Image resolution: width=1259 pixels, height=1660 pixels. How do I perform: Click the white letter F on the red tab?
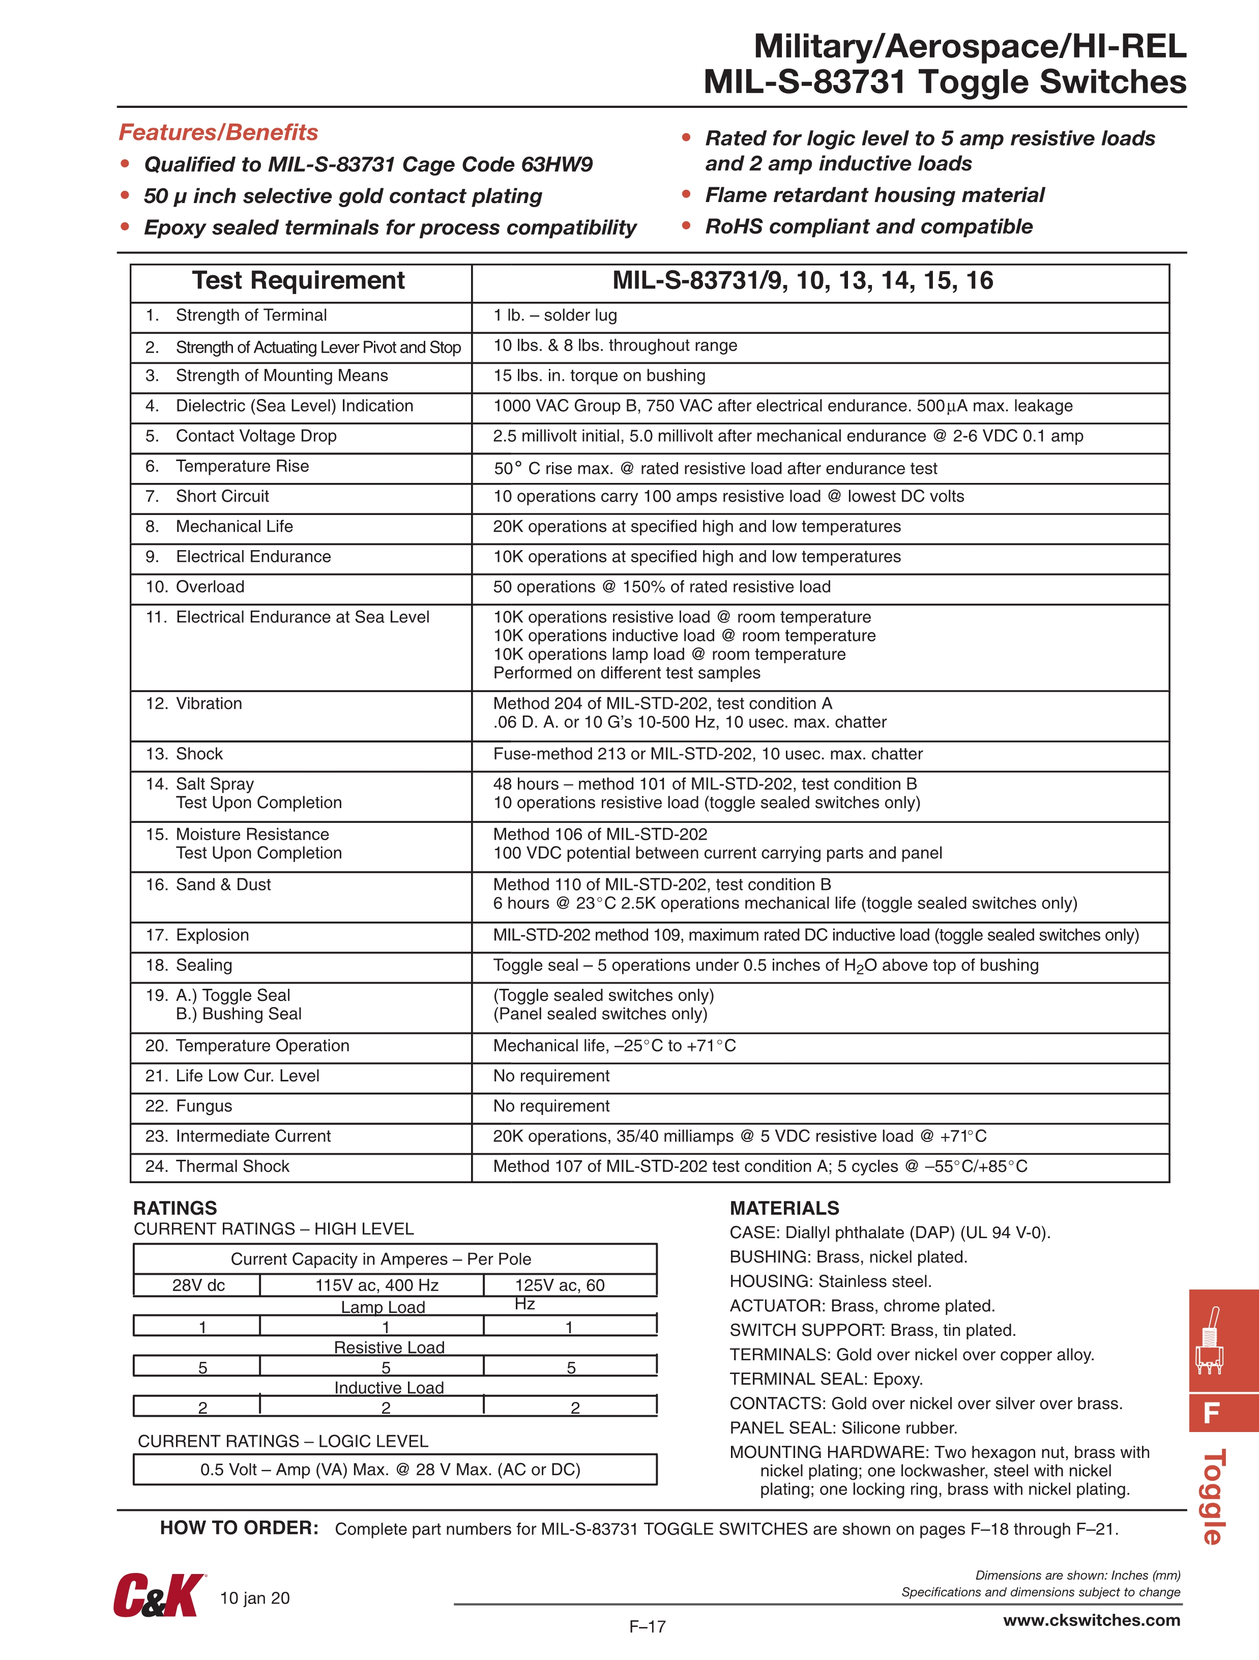pos(1210,1413)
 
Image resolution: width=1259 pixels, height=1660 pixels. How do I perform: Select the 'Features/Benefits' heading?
pos(218,132)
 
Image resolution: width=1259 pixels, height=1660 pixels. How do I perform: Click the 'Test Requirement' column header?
pos(299,281)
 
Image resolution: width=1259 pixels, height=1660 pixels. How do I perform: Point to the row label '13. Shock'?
pos(185,754)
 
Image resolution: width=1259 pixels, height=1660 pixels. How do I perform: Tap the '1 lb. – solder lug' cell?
pos(555,315)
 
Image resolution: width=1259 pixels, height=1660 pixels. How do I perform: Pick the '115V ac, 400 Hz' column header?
pos(376,1285)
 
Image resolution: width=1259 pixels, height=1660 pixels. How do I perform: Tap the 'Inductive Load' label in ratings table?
pos(389,1388)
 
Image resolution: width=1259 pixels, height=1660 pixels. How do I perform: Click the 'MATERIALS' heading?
pos(784,1208)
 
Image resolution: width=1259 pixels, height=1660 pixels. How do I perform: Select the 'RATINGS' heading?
pos(175,1208)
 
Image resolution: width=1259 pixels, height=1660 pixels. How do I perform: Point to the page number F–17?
pos(647,1626)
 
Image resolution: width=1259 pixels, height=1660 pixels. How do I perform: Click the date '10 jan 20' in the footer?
pos(254,1598)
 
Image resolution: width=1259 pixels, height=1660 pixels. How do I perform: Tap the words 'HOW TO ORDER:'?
pos(240,1528)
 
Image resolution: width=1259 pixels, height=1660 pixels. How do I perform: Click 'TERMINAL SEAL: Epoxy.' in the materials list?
pos(826,1379)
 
